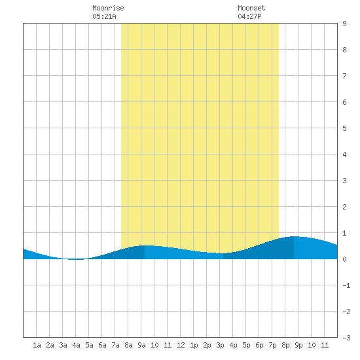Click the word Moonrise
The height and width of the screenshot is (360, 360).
tap(108, 8)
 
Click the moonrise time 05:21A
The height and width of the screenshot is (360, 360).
tap(104, 16)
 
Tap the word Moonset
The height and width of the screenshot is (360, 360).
tap(251, 8)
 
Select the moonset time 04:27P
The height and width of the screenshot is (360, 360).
tap(249, 16)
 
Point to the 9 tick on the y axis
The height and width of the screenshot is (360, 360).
tap(344, 24)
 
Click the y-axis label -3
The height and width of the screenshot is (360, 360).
tap(346, 338)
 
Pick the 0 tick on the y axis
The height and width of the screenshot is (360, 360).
tap(344, 259)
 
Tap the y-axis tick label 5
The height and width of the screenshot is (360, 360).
tap(344, 128)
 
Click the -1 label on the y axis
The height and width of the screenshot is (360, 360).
tap(346, 285)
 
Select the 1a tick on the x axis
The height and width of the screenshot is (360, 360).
tap(37, 345)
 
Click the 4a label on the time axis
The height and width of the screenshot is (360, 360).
tap(76, 345)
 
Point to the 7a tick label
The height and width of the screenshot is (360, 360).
tap(115, 345)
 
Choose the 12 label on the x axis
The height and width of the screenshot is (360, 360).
tap(181, 345)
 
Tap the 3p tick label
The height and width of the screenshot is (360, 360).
tap(220, 345)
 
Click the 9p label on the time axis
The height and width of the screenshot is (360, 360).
tap(298, 345)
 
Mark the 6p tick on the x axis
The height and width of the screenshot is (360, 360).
tap(259, 345)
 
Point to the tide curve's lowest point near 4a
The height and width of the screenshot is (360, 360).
tap(77, 259)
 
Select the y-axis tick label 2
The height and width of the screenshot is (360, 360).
tap(344, 207)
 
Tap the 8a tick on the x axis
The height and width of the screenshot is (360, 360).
tap(128, 345)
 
